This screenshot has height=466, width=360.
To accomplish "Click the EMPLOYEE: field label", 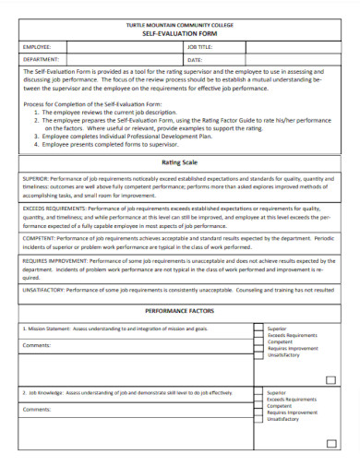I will click(38, 45).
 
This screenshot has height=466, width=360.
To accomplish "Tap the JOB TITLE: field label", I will click(199, 45).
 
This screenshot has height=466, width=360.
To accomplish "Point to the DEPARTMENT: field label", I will click(41, 58).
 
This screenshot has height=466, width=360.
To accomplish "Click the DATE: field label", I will click(194, 58).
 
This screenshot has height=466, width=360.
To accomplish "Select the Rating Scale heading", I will click(179, 162).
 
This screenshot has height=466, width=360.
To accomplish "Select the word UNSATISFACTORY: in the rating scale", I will click(45, 290).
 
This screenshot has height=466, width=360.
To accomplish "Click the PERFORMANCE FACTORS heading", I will click(179, 312).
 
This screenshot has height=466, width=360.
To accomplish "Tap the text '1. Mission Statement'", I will click(45, 329).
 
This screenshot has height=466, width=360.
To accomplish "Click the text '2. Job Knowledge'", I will click(42, 392).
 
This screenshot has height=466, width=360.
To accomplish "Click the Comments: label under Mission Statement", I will click(38, 345).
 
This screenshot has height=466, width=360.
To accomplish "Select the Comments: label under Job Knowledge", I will click(38, 408).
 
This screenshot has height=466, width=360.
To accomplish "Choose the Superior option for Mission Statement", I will click(276, 329).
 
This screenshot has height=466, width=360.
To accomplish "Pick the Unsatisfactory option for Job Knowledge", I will click(282, 419).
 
